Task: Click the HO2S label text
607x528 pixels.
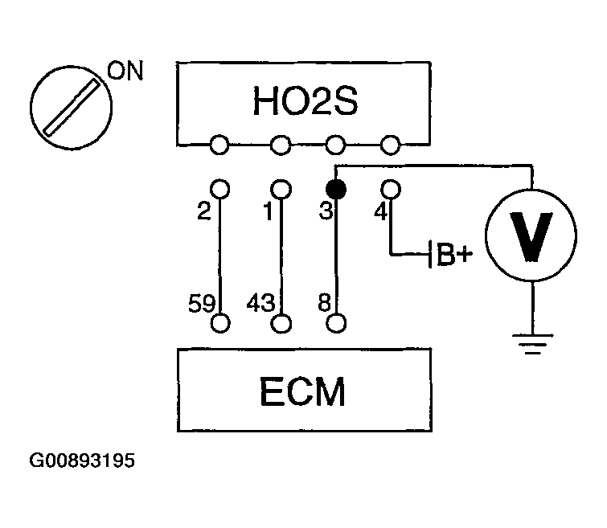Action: (x=303, y=104)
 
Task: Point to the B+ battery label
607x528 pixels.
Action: (x=453, y=256)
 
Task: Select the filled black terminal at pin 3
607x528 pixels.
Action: (x=336, y=190)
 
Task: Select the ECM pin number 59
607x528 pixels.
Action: (x=202, y=304)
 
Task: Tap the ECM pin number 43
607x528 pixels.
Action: (x=263, y=304)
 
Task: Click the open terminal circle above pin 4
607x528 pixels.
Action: (x=390, y=189)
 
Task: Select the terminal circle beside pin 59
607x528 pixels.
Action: (x=221, y=323)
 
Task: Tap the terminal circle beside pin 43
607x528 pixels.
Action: (x=281, y=323)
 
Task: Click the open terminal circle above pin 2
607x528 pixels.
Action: (x=220, y=189)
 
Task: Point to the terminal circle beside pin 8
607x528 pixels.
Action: (x=337, y=323)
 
